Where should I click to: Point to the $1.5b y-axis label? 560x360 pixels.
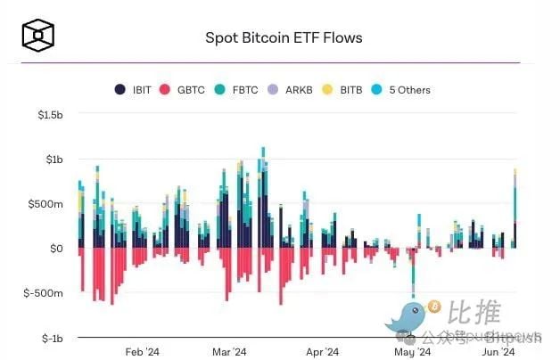pyautogui.click(x=49, y=115)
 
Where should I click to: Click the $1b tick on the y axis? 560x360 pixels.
pyautogui.click(x=54, y=160)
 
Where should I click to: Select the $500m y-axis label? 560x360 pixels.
pyautogui.click(x=47, y=204)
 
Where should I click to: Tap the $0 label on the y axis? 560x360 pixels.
pyautogui.click(x=57, y=249)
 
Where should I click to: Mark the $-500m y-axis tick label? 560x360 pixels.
pyautogui.click(x=45, y=293)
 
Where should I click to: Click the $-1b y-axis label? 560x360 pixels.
pyautogui.click(x=52, y=338)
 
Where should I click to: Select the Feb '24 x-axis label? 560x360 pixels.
pyautogui.click(x=142, y=351)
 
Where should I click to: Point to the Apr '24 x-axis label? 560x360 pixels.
pyautogui.click(x=322, y=351)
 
